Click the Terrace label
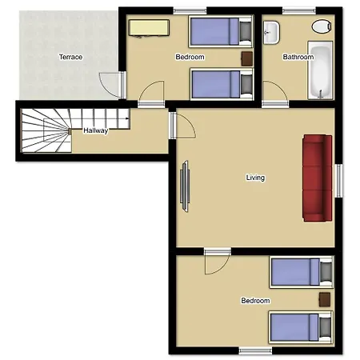coord(70,57)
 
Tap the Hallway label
coord(95,130)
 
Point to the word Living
coord(255,178)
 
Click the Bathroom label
coord(298,57)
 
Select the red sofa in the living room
coord(318,178)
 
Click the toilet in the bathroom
coord(322,26)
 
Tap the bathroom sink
coord(271,33)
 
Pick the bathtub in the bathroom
coord(320,70)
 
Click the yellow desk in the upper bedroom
coord(149,27)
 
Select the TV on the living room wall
coord(185,186)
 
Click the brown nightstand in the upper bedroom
coord(247,58)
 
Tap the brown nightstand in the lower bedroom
coord(325,299)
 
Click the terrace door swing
coord(110,85)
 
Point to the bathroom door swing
coord(275,90)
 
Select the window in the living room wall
coord(338,181)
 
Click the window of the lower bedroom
coord(255,350)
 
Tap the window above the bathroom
coord(299,11)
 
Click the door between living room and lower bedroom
coord(218,262)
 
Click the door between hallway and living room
coord(183,126)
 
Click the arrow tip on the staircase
coord(130,118)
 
